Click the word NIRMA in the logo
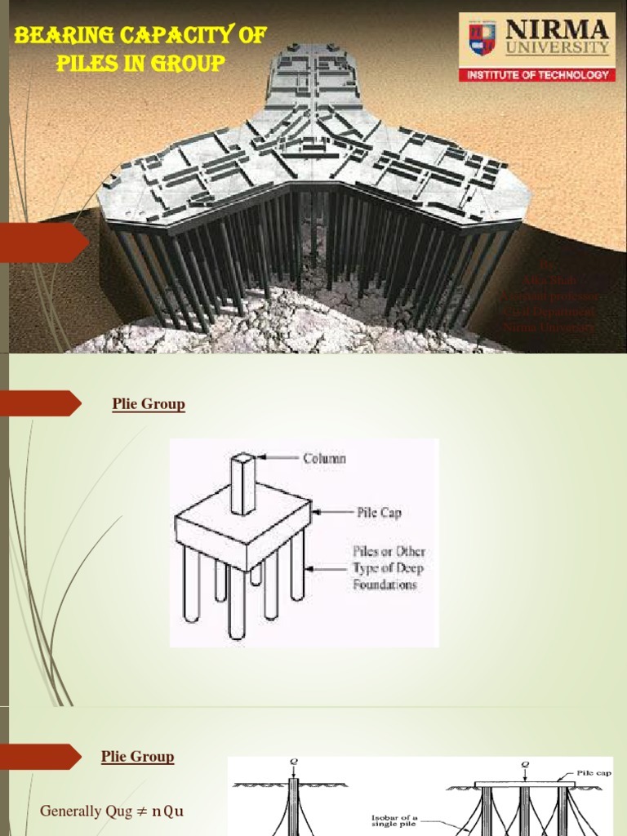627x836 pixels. click(558, 31)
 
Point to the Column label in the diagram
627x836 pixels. click(324, 458)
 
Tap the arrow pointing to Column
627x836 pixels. click(278, 458)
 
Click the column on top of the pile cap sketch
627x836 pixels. click(242, 483)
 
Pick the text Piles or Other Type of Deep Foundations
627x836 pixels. click(389, 567)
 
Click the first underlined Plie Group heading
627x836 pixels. click(148, 404)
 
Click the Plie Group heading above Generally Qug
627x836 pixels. click(137, 757)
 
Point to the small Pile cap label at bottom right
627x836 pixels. click(590, 772)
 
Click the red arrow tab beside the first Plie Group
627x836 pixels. click(41, 403)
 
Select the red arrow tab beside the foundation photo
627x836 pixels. click(44, 242)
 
